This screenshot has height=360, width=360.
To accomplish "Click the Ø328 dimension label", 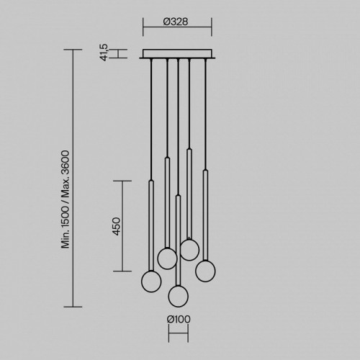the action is [176, 22].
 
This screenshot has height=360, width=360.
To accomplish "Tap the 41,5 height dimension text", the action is [105, 53].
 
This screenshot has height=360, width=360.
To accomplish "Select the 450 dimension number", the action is [117, 226].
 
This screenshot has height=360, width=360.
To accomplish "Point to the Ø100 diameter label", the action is [179, 319].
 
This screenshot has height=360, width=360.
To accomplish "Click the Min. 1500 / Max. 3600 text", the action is [66, 199].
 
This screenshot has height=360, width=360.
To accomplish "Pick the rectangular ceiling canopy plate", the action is [177, 54].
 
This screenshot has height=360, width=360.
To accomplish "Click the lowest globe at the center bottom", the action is [179, 296].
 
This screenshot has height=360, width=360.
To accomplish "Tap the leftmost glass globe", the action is [151, 281].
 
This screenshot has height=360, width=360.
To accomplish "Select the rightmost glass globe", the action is [205, 271].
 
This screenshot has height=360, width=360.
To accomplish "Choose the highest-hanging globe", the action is [189, 250].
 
